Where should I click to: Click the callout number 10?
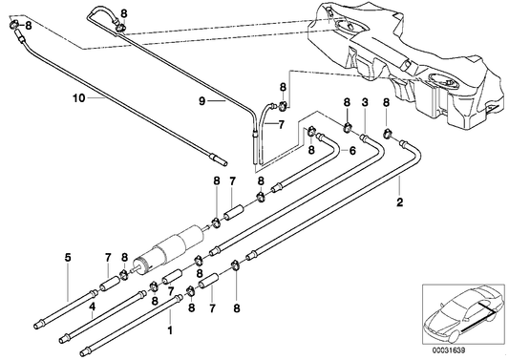tap(79, 98)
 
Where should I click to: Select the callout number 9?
tap(201, 101)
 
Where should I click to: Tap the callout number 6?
tap(352, 151)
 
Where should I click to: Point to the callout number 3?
tap(365, 103)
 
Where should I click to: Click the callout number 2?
tap(399, 202)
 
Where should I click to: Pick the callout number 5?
tap(68, 258)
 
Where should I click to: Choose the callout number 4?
tap(93, 306)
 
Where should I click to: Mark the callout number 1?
tap(170, 330)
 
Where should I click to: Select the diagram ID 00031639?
tap(448, 350)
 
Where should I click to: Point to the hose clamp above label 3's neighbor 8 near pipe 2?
tap(388, 133)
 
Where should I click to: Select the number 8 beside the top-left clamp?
tap(29, 26)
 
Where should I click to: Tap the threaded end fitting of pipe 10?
tap(218, 159)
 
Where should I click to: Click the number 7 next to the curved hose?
tap(281, 125)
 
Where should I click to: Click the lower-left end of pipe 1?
tap(83, 352)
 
